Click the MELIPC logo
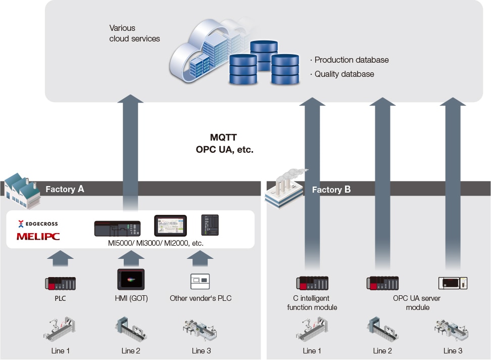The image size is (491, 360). click(37, 236)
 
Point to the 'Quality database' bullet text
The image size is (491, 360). click(344, 74)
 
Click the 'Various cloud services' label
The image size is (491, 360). click(134, 33)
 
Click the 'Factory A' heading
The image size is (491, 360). click(65, 189)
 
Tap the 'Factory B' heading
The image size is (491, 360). click(331, 190)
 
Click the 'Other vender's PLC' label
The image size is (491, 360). click(201, 298)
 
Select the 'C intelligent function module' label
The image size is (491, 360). click(312, 303)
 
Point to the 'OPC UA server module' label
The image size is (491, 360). click(416, 303)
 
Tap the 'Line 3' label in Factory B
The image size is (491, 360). click(453, 351)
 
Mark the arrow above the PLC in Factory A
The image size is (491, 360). click(61, 259)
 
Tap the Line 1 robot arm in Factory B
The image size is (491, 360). click(312, 329)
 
